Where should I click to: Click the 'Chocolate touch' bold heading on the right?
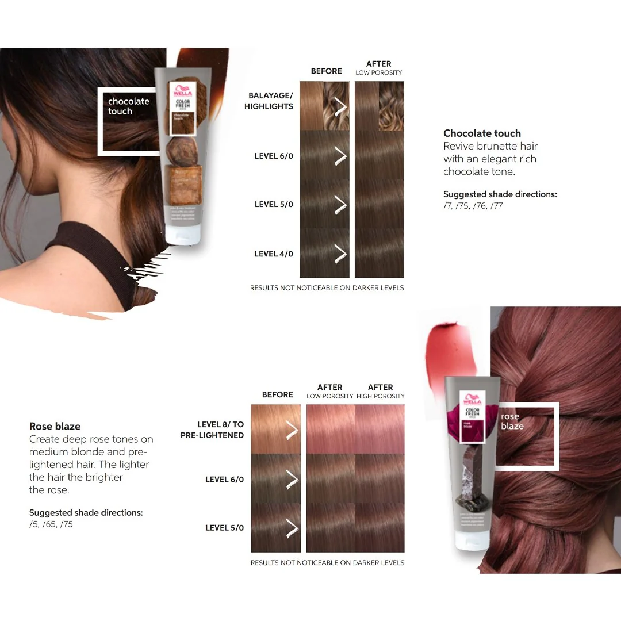click(482, 133)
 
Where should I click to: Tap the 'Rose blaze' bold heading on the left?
click(55, 426)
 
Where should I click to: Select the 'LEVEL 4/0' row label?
click(274, 254)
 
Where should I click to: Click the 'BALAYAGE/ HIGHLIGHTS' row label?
click(269, 101)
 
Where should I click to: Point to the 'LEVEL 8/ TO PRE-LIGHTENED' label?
click(212, 430)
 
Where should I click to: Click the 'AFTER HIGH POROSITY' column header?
click(380, 391)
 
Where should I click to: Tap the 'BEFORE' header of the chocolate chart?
click(326, 71)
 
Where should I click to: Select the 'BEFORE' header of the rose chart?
click(277, 394)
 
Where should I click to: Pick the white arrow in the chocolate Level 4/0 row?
click(340, 254)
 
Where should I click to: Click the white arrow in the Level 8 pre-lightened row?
click(292, 430)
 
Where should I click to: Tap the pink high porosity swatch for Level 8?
click(380, 429)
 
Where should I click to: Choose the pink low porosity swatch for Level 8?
click(331, 429)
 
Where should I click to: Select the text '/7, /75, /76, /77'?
click(473, 205)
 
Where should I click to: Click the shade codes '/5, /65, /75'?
click(51, 524)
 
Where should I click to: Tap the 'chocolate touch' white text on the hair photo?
click(128, 106)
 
